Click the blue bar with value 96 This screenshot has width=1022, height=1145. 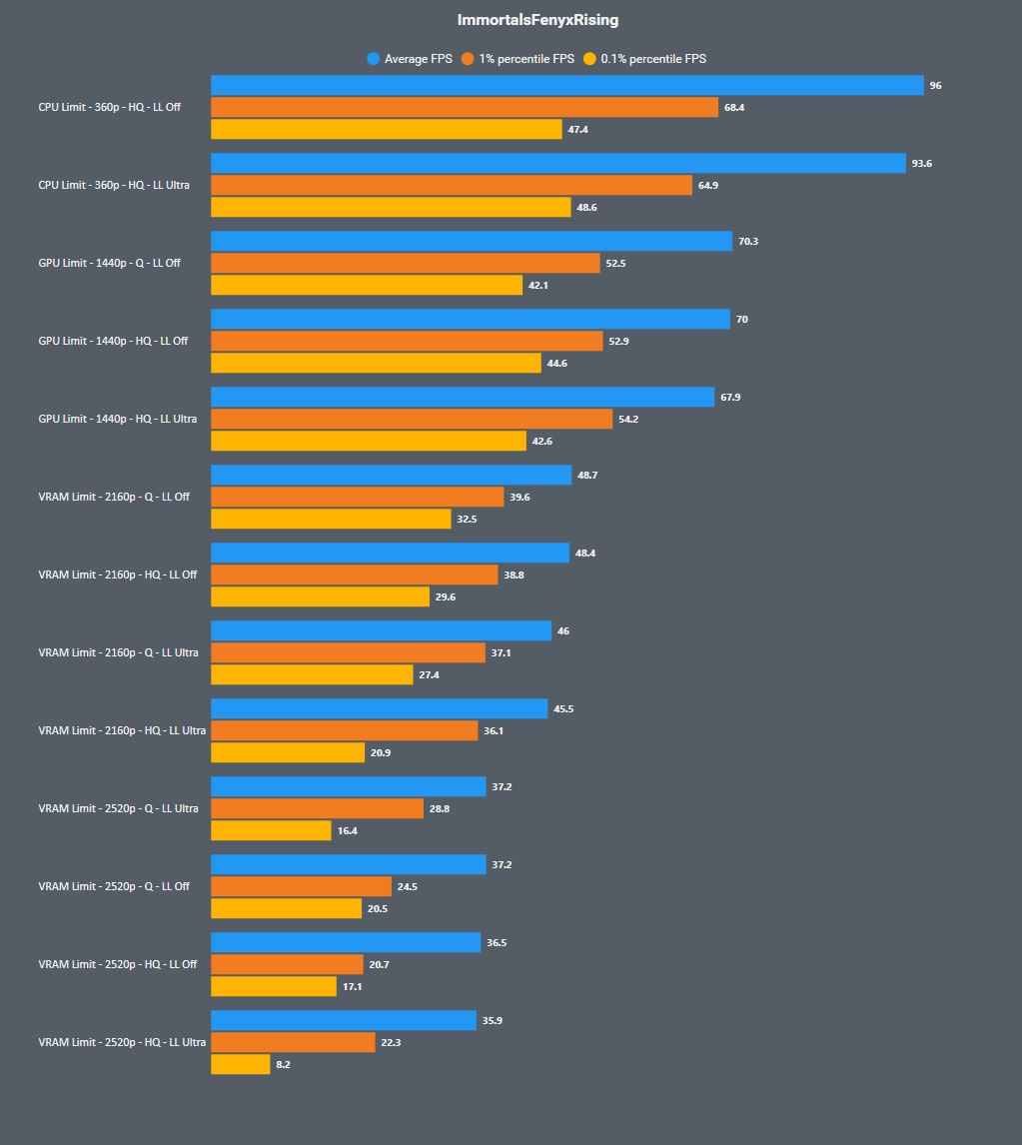(566, 86)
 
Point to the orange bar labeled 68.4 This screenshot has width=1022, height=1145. (464, 108)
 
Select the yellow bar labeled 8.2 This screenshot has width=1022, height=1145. (240, 1065)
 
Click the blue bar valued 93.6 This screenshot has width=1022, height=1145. (557, 164)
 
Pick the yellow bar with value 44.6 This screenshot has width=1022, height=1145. (376, 364)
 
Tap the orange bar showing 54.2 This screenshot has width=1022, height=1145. (411, 420)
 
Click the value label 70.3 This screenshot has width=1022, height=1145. (747, 242)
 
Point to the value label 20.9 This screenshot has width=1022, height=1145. (381, 753)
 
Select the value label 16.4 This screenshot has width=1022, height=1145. (347, 831)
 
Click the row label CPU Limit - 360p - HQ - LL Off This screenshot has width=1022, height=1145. (110, 108)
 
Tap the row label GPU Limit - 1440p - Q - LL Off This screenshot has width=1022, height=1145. (110, 264)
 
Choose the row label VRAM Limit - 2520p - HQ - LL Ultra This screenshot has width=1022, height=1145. (122, 1043)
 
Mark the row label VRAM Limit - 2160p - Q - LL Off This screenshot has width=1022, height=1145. (114, 498)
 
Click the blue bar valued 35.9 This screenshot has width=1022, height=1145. (343, 1021)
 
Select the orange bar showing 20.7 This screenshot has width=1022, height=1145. (287, 965)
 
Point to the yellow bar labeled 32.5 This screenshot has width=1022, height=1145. (331, 520)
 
